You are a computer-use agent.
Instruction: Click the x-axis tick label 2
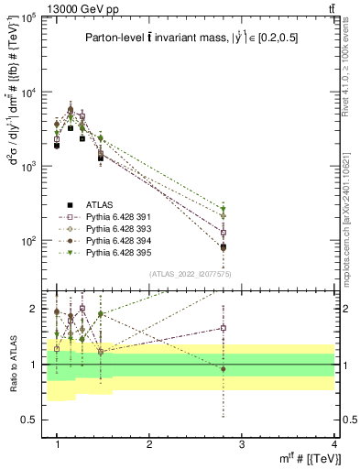point(149,444)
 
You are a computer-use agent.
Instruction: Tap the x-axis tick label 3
point(242,444)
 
